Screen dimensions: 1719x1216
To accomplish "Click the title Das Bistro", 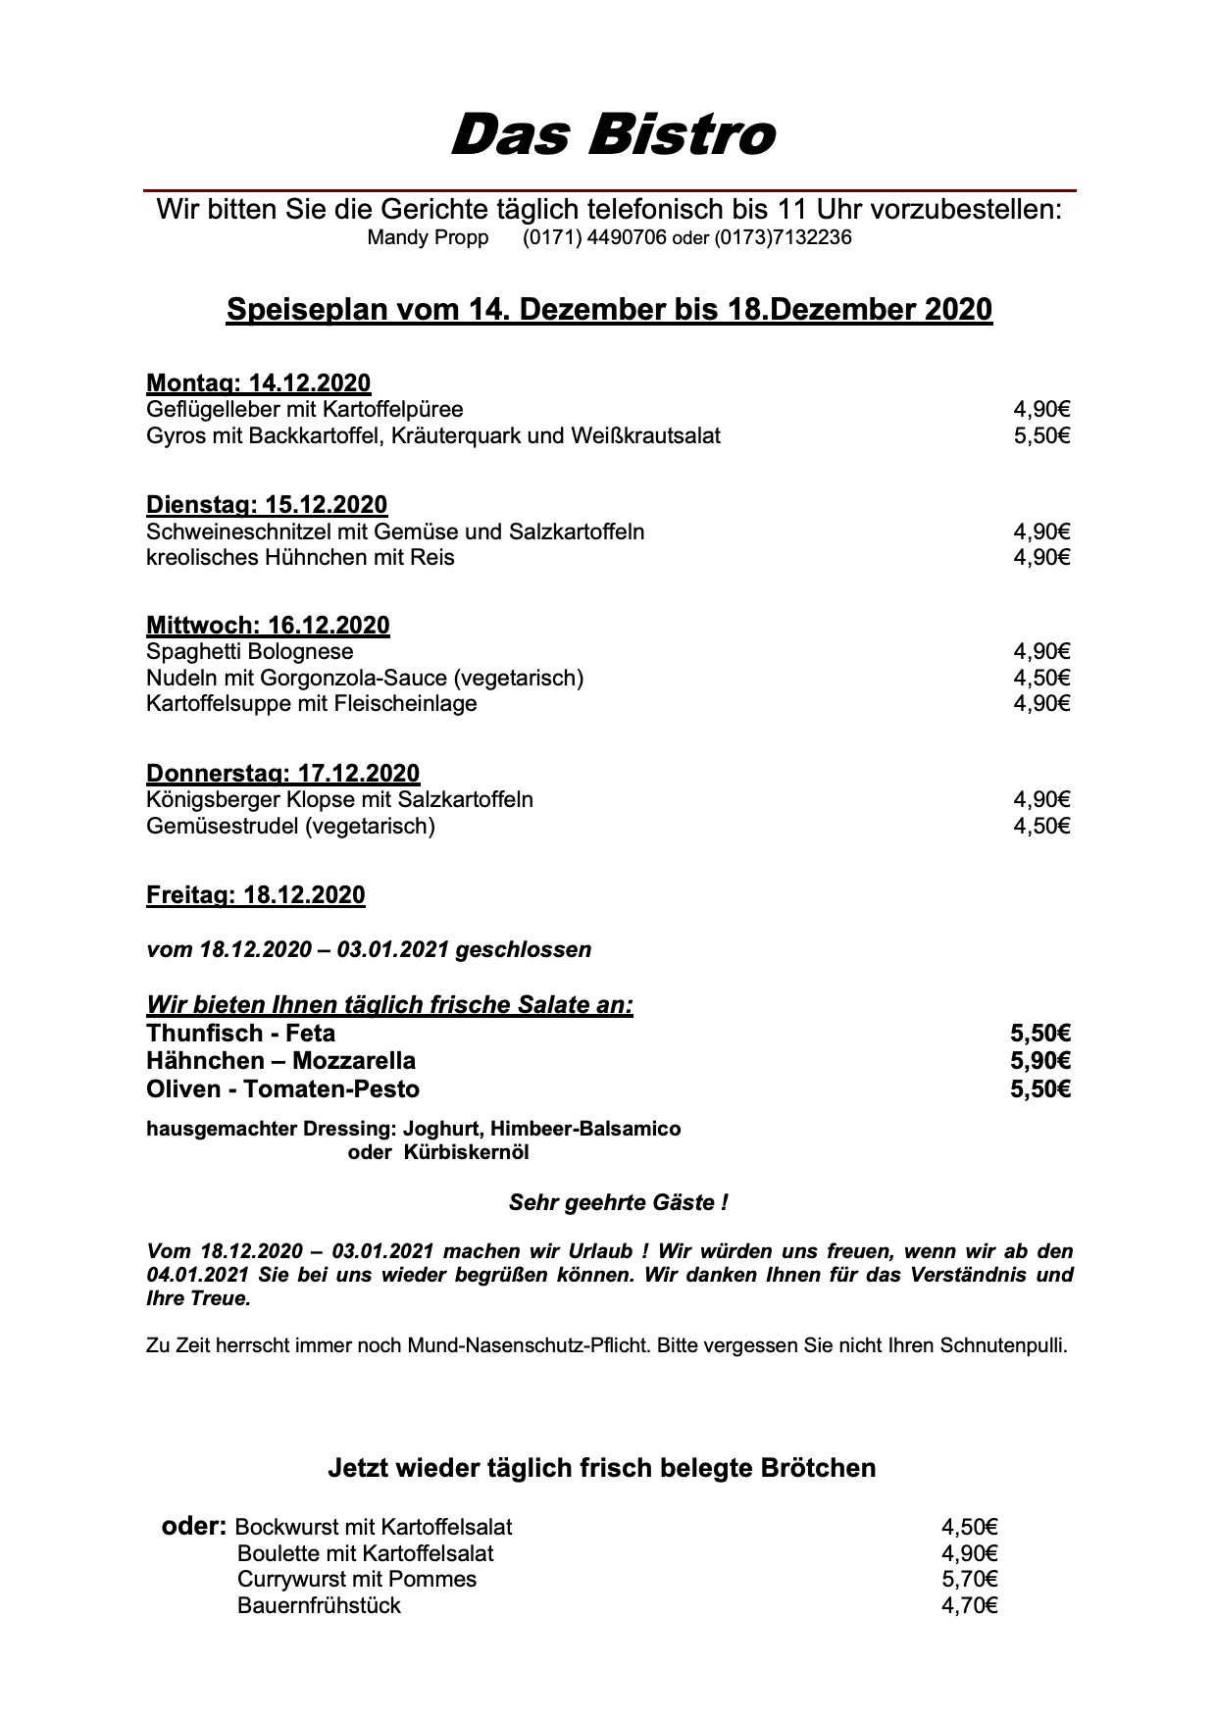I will (x=612, y=135).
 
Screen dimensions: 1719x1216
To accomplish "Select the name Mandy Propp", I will (x=428, y=237).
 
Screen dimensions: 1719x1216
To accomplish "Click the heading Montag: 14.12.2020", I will (x=258, y=382).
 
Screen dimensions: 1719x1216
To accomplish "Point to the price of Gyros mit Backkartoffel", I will (x=1041, y=435).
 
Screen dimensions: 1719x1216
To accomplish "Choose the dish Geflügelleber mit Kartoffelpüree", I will (x=304, y=409).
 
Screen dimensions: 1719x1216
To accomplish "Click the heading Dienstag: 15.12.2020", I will (x=267, y=505).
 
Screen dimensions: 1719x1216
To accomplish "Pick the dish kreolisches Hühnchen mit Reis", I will (x=300, y=557).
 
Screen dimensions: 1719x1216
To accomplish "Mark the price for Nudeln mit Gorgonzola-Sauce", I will (x=1041, y=678).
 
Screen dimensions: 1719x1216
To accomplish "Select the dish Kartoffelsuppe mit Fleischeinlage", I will (x=311, y=703).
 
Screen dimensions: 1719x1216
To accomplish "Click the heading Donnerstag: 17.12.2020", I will (x=282, y=774).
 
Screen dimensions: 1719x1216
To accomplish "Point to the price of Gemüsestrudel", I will (x=1041, y=826).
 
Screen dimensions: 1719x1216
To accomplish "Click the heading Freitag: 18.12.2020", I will (x=255, y=894).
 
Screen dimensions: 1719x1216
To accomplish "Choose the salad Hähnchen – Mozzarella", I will (x=280, y=1061).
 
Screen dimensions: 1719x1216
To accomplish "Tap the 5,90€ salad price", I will (x=1040, y=1061).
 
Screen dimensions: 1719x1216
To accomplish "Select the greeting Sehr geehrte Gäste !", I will (x=618, y=1202).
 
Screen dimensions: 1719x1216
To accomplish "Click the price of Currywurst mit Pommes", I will (x=969, y=1579).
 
